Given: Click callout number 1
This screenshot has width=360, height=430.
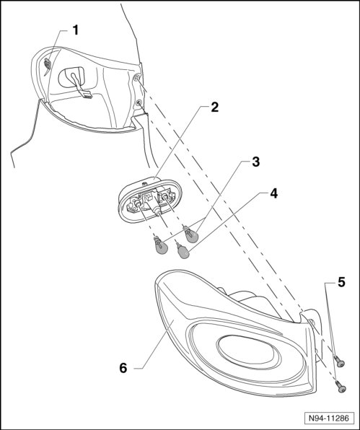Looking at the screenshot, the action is [76, 30].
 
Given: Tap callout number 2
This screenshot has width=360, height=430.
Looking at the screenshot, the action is [215, 107].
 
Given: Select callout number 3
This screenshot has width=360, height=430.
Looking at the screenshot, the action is [255, 162].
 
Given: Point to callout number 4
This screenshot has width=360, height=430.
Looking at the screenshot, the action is [273, 194].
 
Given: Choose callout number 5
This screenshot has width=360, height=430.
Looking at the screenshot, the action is [341, 282].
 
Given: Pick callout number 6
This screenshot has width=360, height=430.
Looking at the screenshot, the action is [123, 368].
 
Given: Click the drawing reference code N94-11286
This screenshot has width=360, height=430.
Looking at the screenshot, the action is [329, 418].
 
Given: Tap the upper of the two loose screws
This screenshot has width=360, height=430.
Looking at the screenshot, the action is [339, 361].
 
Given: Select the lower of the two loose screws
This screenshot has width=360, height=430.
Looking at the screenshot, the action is [341, 387].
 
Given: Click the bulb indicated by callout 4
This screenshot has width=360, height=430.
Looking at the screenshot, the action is [183, 250].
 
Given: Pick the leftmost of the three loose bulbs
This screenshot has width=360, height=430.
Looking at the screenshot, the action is [161, 245].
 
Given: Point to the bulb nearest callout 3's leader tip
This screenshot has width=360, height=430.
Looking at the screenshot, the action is [191, 234].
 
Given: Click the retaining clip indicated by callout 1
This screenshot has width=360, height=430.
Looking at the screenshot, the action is [48, 64].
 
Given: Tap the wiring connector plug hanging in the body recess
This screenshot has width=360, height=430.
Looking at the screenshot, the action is [87, 95].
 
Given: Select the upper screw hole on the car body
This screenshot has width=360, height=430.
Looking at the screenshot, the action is [136, 79].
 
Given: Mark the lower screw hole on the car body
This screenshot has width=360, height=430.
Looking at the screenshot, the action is [139, 103].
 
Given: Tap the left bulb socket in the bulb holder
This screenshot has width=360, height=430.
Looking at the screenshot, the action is [137, 203].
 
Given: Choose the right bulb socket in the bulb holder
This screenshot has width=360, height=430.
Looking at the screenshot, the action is [164, 196].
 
